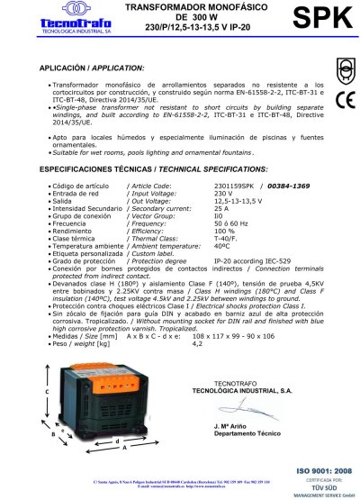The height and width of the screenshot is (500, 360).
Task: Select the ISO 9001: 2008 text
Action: [319, 470]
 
